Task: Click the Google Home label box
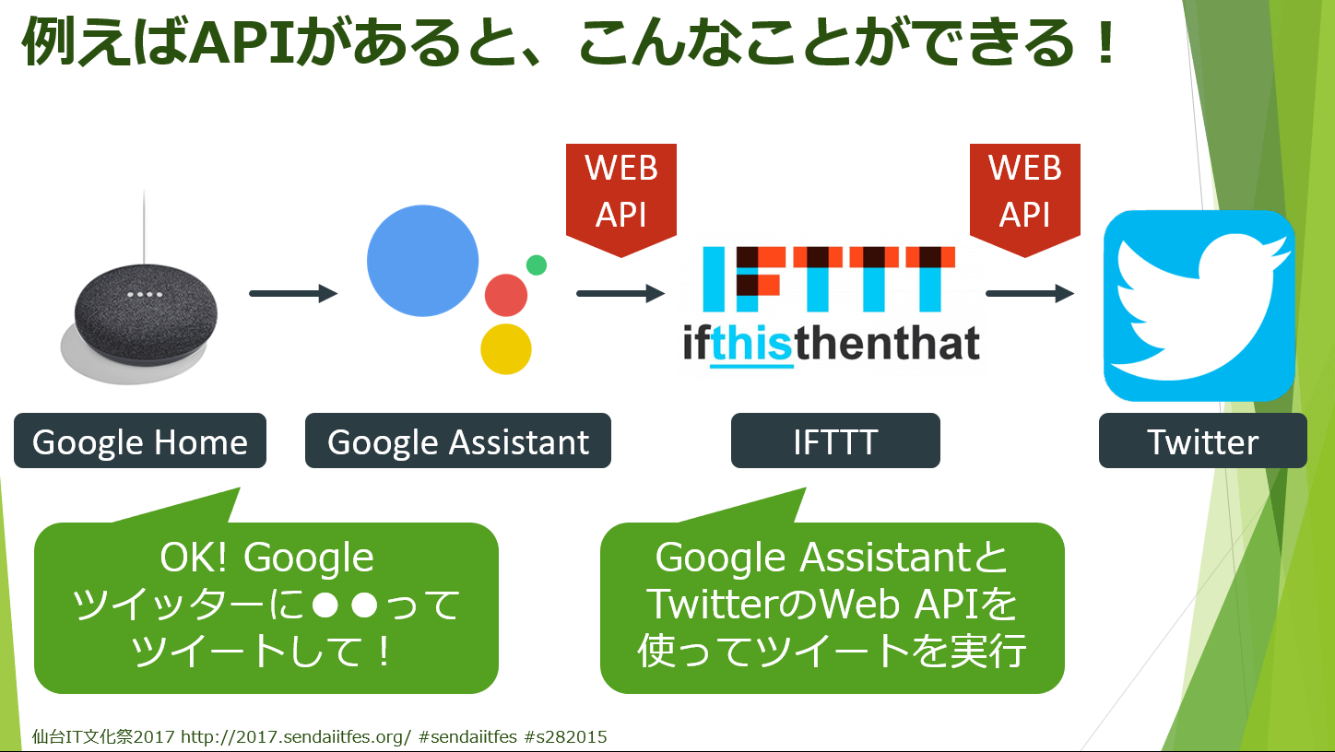[140, 441]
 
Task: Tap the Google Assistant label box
[457, 441]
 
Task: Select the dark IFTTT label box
[835, 441]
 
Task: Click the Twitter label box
[1202, 441]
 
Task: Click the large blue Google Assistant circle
[422, 261]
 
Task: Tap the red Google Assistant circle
[506, 295]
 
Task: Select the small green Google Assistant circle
[537, 264]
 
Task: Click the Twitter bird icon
[1199, 306]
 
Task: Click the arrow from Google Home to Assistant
[293, 294]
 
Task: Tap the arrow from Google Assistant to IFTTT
[620, 294]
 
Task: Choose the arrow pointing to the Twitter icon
[1030, 294]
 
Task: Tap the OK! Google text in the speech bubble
[266, 558]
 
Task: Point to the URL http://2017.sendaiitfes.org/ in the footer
[295, 737]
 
